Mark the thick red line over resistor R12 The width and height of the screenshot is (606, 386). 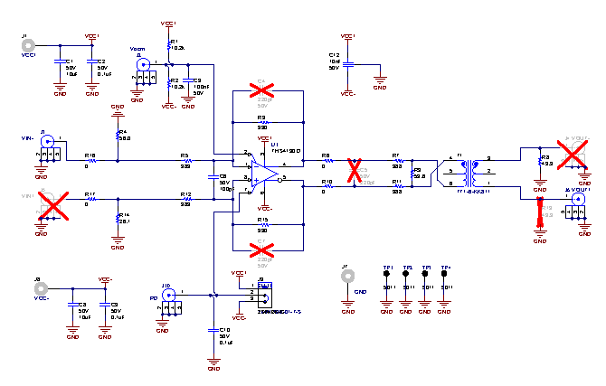click(x=541, y=215)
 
